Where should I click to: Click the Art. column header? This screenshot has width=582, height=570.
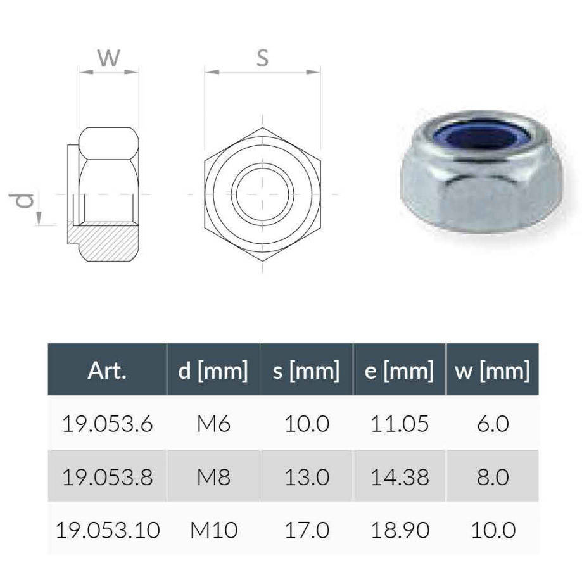(107, 370)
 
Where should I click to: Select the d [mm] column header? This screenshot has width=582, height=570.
(213, 370)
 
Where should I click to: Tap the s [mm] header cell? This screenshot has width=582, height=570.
(307, 370)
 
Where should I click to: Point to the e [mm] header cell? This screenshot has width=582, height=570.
(400, 370)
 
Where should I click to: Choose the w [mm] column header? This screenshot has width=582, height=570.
(493, 370)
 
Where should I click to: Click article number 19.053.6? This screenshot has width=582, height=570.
(107, 424)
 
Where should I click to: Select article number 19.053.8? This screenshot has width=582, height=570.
(107, 477)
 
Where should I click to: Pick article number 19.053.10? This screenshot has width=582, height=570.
(108, 530)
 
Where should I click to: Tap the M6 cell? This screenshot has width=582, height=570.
(213, 424)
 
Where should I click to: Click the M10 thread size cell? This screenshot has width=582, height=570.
(214, 530)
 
